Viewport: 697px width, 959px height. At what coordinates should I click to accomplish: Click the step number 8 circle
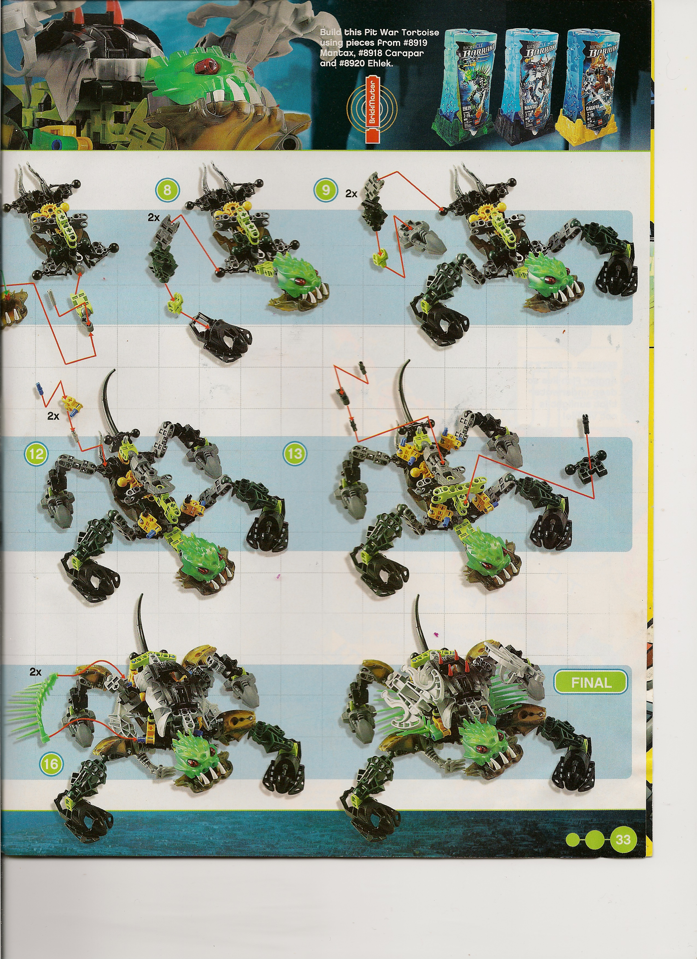click(167, 190)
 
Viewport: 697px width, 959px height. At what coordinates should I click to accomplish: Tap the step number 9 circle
click(326, 190)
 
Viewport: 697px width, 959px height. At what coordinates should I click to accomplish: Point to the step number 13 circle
click(295, 453)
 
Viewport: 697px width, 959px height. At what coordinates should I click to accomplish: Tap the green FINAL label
click(591, 683)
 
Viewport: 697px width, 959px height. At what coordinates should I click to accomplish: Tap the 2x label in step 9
click(351, 194)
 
